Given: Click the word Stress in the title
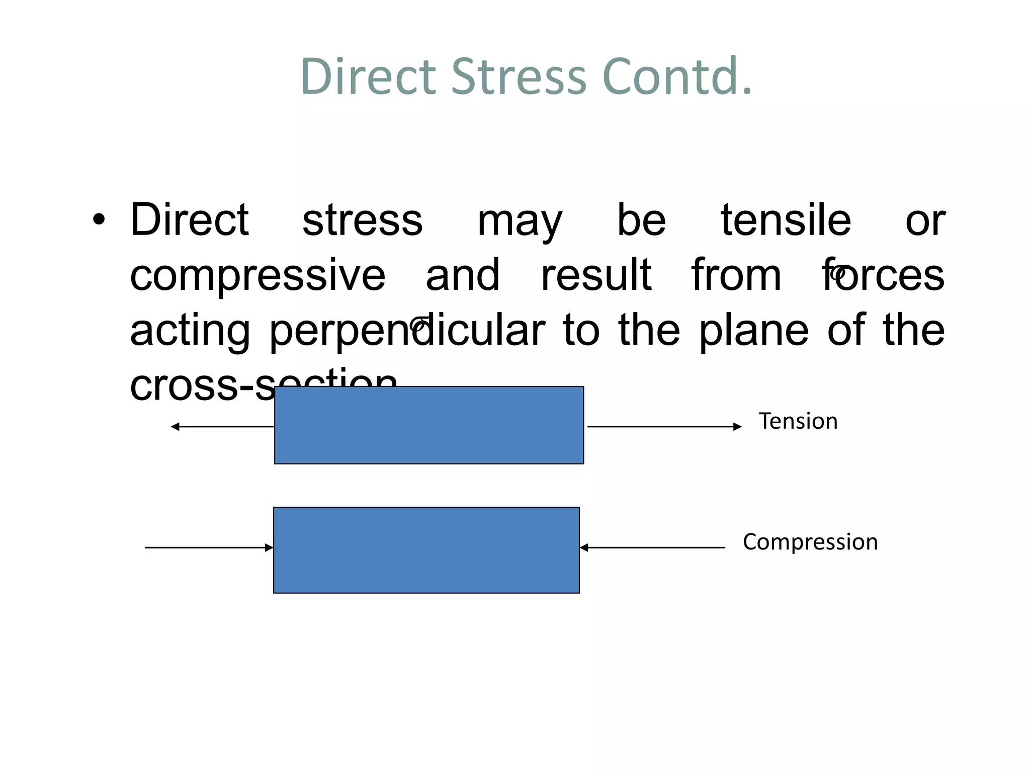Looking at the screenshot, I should point(519,76).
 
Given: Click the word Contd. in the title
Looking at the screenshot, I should point(676,76).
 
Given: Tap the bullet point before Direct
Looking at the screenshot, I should point(99,220).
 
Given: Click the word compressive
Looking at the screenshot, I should point(257,276).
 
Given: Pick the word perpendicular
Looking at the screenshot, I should point(407,331).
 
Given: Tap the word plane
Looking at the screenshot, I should point(754,331).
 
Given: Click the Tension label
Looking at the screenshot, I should point(798,421).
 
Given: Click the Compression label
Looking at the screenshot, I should point(810,542).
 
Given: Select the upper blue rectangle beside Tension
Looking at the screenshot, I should point(429,425).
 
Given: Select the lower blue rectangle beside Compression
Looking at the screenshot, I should point(426,550).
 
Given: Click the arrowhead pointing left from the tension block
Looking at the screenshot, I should point(175,427).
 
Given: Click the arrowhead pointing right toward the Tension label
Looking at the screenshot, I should point(737,427).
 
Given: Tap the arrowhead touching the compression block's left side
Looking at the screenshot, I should point(269,548).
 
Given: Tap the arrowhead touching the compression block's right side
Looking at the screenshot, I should point(584,548).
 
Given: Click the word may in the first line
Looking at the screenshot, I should point(520,221).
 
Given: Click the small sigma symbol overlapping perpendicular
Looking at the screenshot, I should point(418,324).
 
